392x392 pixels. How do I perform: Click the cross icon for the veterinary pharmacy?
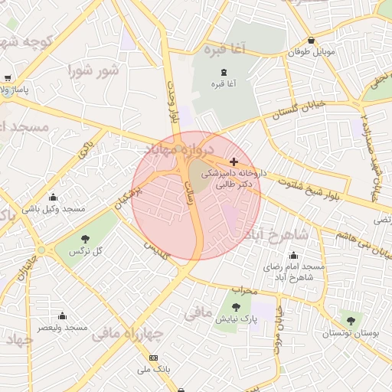pyautogui.click(x=234, y=162)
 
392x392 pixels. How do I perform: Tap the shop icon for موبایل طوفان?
pyautogui.click(x=310, y=41)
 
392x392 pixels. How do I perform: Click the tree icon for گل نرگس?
pyautogui.click(x=85, y=240)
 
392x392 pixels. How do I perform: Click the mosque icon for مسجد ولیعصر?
pyautogui.click(x=63, y=316)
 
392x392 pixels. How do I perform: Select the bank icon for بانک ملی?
pyautogui.click(x=154, y=358)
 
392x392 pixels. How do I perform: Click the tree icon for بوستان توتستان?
pyautogui.click(x=351, y=321)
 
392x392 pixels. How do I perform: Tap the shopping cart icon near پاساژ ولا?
pyautogui.click(x=8, y=78)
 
